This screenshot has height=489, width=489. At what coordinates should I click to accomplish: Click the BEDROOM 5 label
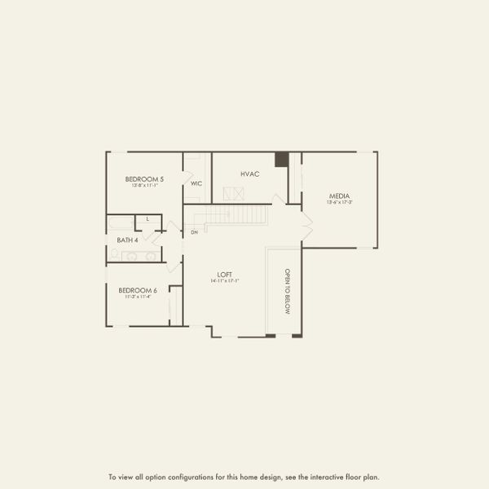pos(144,178)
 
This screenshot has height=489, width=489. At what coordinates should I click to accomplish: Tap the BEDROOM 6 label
pos(137,290)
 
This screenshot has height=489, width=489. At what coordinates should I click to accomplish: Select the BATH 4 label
pos(126,240)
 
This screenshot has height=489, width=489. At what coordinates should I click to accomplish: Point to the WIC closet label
pos(196,183)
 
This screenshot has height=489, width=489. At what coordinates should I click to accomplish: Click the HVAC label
pos(249,174)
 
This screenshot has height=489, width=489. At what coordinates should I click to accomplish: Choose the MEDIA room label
pos(340,196)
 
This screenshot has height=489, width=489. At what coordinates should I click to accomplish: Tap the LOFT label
pos(226,274)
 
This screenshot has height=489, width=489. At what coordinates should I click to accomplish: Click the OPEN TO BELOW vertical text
pos(287,291)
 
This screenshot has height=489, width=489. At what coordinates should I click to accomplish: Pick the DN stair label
pos(194,233)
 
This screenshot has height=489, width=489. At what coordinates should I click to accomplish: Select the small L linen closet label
pos(148,219)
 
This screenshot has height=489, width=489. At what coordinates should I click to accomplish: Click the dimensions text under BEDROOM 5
pos(143,186)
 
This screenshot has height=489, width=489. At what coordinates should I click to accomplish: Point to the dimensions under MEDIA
pos(340,202)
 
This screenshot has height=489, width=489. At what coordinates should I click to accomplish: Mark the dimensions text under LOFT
pos(226,281)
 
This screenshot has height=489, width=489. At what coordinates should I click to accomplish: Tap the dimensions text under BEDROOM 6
pos(137,297)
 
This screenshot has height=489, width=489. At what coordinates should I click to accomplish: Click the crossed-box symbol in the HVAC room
pos(234,193)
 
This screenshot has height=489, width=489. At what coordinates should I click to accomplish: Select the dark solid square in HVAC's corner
pos(281,159)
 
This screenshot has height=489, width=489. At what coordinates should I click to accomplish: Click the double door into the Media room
pos(306,223)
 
